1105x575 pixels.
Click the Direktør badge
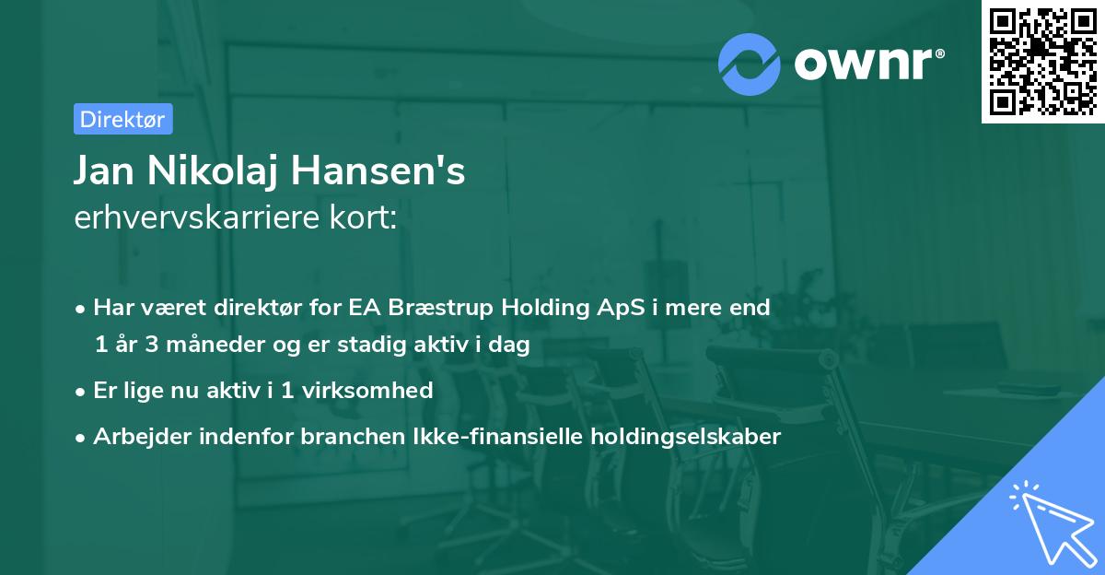(x=122, y=119)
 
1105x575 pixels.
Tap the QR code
(x=1041, y=62)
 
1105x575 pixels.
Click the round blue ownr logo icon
(x=750, y=65)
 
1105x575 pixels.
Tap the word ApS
(x=599, y=308)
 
